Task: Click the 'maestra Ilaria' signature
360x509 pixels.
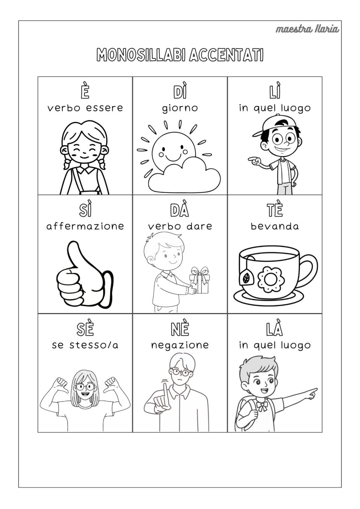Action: point(307,29)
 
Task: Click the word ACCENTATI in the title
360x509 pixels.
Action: point(226,55)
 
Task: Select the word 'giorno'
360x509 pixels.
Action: point(180,108)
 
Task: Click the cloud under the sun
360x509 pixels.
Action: point(184,175)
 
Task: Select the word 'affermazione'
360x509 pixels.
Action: point(85,226)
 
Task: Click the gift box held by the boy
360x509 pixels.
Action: point(199,280)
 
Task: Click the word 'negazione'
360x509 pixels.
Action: point(180,345)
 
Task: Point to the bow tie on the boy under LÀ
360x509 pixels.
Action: point(262,406)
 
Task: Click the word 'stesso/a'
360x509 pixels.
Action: point(94,345)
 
